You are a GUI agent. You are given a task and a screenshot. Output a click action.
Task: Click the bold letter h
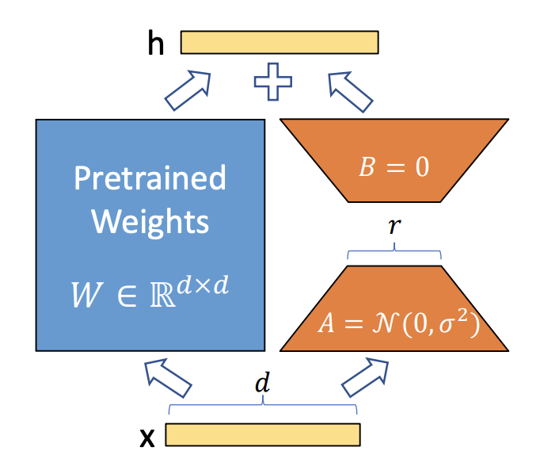pos(156,42)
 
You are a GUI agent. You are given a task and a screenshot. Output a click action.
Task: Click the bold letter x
pos(147,438)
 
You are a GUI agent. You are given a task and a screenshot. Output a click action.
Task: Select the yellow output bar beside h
pos(280,42)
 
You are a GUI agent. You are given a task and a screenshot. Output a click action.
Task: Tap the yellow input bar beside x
pos(263,434)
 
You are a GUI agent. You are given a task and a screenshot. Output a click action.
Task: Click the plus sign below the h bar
pos(273,82)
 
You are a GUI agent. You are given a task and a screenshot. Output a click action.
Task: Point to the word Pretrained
pos(150,178)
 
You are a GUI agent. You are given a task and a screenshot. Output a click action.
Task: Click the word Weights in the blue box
pos(150,223)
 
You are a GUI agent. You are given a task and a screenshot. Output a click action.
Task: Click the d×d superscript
pos(203,285)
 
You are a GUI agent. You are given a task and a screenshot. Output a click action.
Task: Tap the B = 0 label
pos(394,167)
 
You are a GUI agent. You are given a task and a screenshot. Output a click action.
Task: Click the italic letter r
pos(394,226)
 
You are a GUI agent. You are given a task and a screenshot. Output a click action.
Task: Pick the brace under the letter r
pos(394,250)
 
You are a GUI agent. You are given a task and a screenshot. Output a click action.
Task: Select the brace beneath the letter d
pos(263,404)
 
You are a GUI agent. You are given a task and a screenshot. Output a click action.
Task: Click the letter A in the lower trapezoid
pos(325,324)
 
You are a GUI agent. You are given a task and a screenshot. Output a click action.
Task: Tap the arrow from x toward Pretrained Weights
pos(168,377)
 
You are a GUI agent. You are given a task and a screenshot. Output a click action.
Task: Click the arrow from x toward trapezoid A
pos(366,377)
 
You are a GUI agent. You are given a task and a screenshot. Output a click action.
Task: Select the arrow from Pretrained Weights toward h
pos(188,90)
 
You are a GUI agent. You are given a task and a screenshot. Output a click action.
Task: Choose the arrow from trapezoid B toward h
pos(350,92)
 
